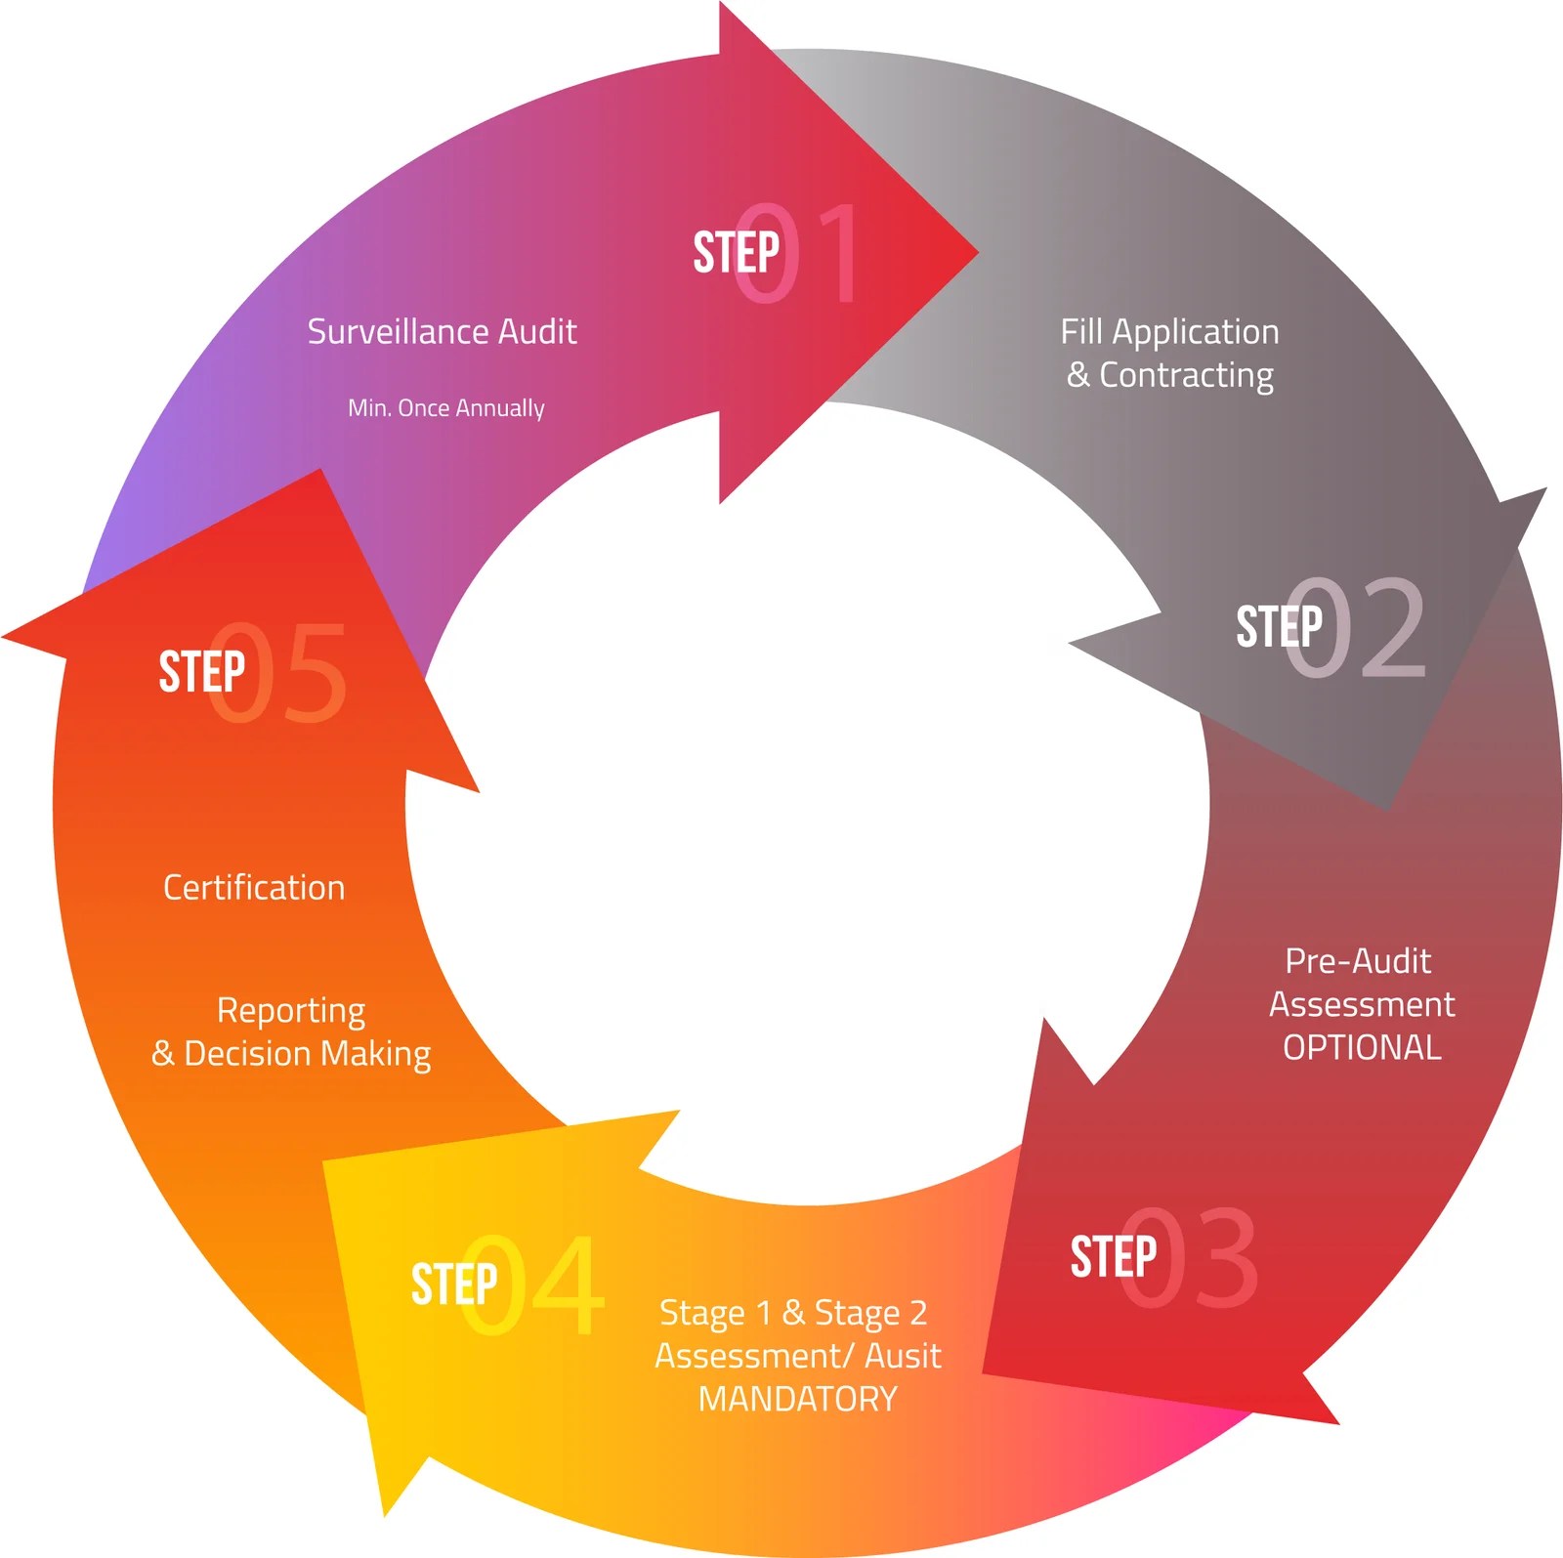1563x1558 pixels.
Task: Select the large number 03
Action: click(1190, 1258)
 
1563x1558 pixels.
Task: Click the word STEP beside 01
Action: click(736, 253)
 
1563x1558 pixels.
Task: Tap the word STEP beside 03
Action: click(1113, 1257)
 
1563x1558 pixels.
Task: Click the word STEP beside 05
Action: click(201, 672)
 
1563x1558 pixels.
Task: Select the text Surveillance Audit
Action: click(442, 332)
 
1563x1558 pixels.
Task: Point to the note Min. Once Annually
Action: click(446, 408)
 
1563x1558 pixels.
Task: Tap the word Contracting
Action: click(1186, 376)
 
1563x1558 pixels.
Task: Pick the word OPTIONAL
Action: click(1362, 1048)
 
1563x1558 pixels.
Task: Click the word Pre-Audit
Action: click(1358, 961)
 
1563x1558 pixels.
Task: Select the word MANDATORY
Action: click(797, 1399)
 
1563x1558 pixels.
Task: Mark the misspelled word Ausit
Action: click(904, 1356)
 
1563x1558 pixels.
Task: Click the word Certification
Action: click(254, 888)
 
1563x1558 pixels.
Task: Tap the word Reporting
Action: click(291, 1011)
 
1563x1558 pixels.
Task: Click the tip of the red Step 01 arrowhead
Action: click(976, 252)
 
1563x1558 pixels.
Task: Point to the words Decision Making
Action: click(307, 1054)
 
